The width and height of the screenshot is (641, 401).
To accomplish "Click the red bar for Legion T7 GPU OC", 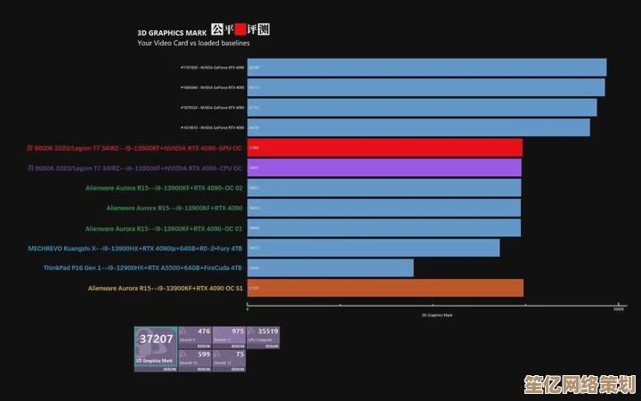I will (x=385, y=148).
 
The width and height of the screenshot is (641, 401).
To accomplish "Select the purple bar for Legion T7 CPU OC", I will (x=385, y=168).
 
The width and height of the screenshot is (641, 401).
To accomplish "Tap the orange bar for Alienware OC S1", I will (x=385, y=288).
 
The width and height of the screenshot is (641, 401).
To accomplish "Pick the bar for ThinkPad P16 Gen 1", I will (x=330, y=267).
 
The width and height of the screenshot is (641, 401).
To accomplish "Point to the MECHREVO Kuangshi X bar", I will (x=373, y=248).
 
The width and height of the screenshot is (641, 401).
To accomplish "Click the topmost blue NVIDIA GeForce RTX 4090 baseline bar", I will (x=426, y=68).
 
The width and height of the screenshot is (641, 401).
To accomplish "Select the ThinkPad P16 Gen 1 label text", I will (x=142, y=267).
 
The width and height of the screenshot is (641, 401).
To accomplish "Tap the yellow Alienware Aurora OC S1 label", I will (x=166, y=288).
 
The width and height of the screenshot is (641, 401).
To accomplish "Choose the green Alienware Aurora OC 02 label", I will (x=164, y=188).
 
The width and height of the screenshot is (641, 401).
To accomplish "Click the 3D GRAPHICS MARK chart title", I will (x=171, y=32).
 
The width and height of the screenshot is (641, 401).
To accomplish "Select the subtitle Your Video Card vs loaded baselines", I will (x=193, y=43).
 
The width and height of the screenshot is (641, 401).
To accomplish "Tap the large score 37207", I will (x=157, y=340).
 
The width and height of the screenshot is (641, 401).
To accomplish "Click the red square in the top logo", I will (x=240, y=29).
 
